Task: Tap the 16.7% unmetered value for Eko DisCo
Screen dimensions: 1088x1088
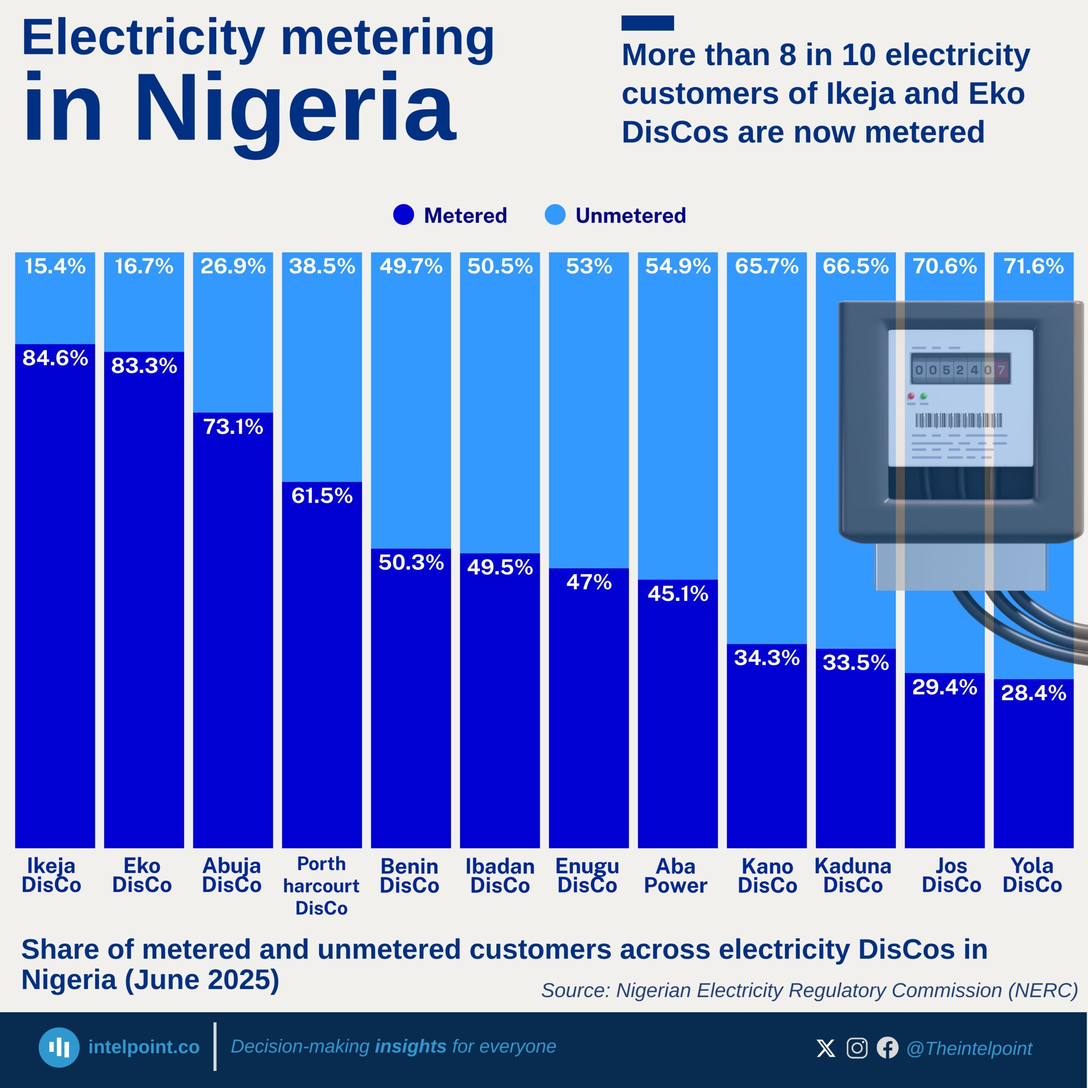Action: click(x=144, y=266)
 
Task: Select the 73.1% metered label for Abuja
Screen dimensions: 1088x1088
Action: click(x=233, y=427)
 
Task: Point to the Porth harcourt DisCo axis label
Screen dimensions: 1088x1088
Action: click(x=322, y=886)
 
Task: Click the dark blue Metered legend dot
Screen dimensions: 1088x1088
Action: click(x=403, y=215)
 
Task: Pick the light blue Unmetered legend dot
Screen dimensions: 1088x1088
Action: click(x=555, y=215)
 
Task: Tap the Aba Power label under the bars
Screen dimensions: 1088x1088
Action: click(x=676, y=875)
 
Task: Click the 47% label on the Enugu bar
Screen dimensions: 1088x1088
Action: click(x=589, y=582)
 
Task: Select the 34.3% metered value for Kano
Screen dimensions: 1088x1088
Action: click(x=767, y=658)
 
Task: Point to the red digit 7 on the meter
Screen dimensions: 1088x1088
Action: click(x=1001, y=370)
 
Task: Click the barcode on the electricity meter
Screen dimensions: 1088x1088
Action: click(x=958, y=420)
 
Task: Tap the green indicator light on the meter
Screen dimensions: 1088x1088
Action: click(x=924, y=397)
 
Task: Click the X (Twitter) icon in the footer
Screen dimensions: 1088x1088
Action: click(x=826, y=1048)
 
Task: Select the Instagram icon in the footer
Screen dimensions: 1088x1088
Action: click(x=857, y=1048)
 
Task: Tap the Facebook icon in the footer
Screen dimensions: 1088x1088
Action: click(x=887, y=1048)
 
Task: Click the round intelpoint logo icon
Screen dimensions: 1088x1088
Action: click(x=59, y=1048)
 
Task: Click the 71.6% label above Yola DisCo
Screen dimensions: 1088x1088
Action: click(x=1034, y=266)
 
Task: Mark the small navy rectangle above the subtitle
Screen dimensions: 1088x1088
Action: click(x=648, y=23)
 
